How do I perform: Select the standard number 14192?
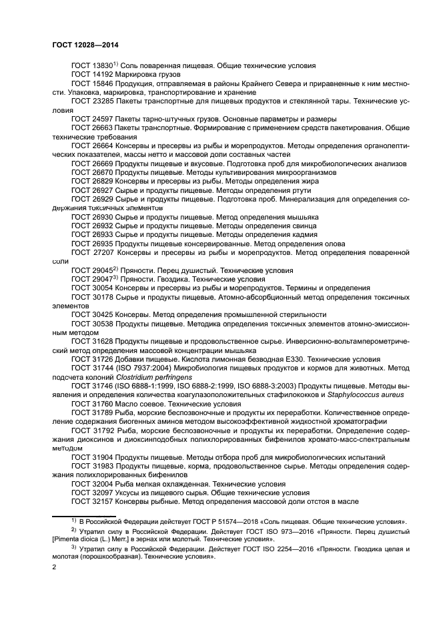(x=102, y=75)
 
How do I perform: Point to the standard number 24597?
(x=102, y=117)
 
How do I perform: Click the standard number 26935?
(x=102, y=244)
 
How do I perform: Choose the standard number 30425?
(x=102, y=314)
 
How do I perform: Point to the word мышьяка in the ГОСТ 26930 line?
(x=302, y=217)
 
